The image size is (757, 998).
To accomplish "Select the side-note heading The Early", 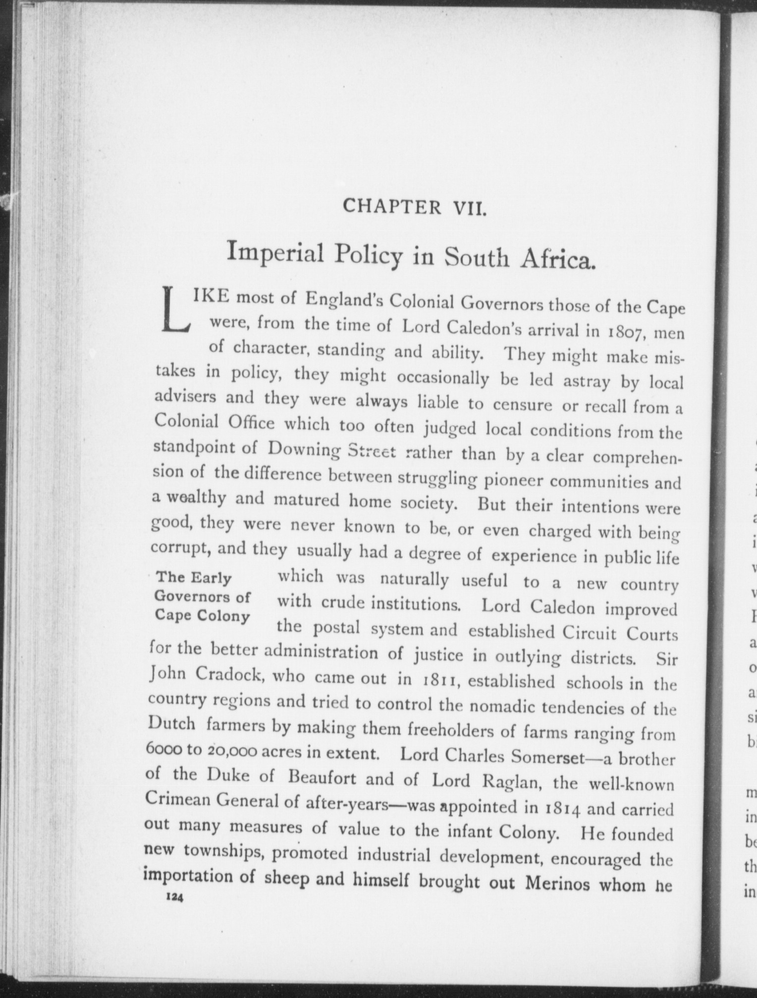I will pos(193,578).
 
